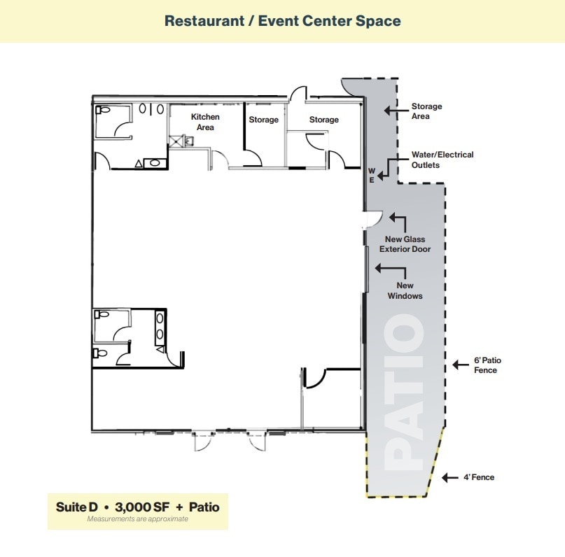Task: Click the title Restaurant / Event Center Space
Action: pyautogui.click(x=282, y=20)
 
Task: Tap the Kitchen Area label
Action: pyautogui.click(x=205, y=122)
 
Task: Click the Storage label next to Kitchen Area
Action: pyautogui.click(x=263, y=120)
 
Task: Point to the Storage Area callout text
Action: pyautogui.click(x=426, y=111)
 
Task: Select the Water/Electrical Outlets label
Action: pyautogui.click(x=442, y=160)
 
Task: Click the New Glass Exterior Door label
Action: pyautogui.click(x=405, y=244)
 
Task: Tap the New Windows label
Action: pyautogui.click(x=405, y=290)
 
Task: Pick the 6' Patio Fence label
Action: pyautogui.click(x=487, y=365)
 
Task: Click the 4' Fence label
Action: pyautogui.click(x=478, y=477)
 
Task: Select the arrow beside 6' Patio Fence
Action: pyautogui.click(x=459, y=364)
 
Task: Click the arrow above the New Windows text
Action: pyautogui.click(x=389, y=267)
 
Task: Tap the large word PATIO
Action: pyautogui.click(x=404, y=392)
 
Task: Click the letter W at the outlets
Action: pyautogui.click(x=372, y=170)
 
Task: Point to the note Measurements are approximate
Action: pyautogui.click(x=137, y=519)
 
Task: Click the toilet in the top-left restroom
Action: pyautogui.click(x=104, y=110)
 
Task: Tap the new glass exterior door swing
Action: pyautogui.click(x=371, y=220)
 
